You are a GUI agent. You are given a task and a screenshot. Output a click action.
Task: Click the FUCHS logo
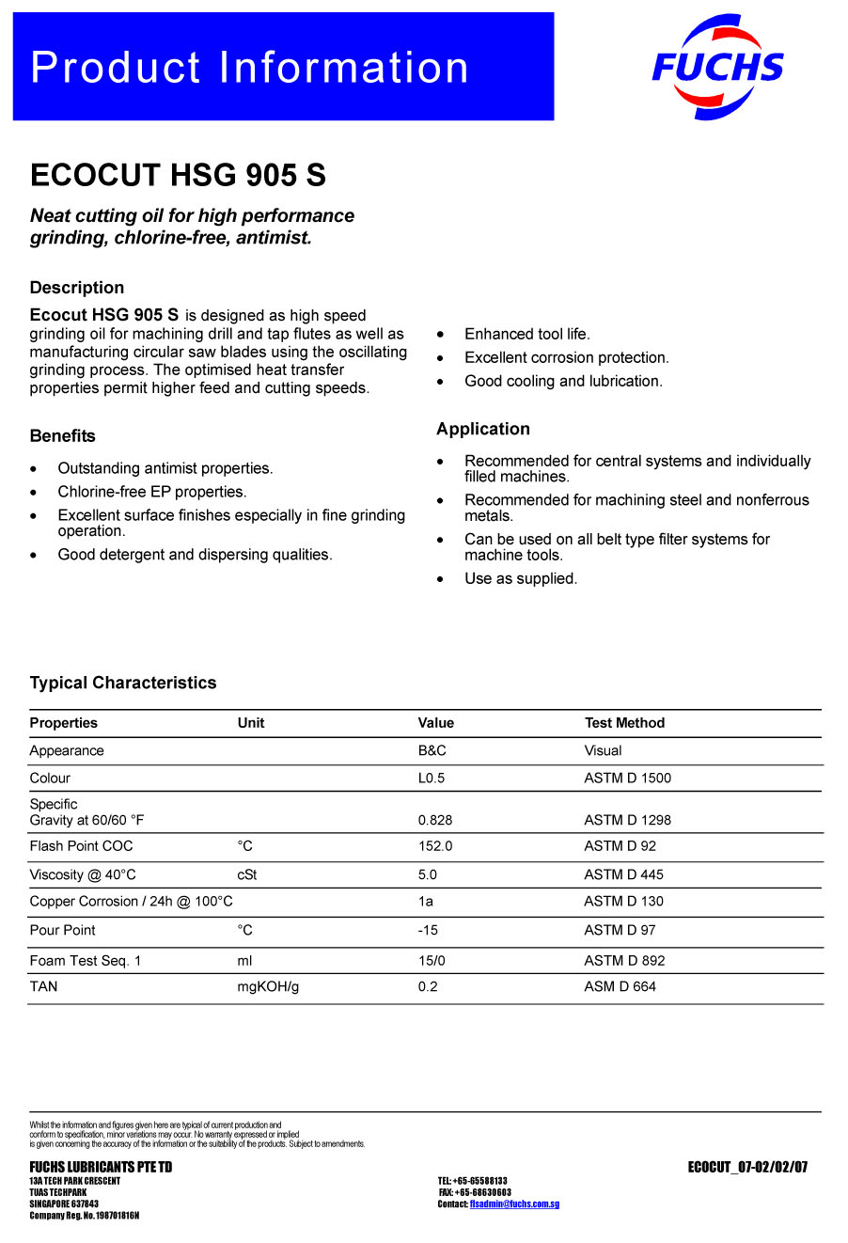click(x=717, y=67)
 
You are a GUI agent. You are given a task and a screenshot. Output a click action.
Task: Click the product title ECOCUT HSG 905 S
click(x=178, y=175)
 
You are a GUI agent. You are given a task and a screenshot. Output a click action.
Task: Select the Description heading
click(x=77, y=288)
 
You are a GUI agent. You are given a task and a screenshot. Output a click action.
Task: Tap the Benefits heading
click(x=62, y=435)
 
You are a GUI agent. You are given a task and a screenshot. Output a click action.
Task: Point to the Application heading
click(x=482, y=429)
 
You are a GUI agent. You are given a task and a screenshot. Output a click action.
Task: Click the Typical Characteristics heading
click(x=123, y=683)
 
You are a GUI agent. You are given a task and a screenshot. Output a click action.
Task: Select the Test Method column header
click(x=624, y=723)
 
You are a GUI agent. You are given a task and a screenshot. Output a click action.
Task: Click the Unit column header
click(x=250, y=723)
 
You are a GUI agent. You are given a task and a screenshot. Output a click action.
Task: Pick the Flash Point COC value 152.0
click(x=435, y=846)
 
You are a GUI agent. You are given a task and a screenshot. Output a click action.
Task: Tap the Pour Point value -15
click(x=428, y=930)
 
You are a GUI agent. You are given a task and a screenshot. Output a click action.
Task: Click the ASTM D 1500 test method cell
click(x=627, y=778)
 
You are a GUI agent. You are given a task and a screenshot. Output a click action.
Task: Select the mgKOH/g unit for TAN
click(x=268, y=986)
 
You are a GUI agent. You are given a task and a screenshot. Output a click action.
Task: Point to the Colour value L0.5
click(x=432, y=778)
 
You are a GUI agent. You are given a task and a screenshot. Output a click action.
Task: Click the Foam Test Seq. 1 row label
click(x=85, y=960)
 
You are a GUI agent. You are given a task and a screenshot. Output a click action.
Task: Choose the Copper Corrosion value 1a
click(x=426, y=901)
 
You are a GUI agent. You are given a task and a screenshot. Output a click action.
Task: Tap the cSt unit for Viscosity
click(x=247, y=874)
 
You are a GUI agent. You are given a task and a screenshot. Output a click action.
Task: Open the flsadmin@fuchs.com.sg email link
click(x=514, y=1204)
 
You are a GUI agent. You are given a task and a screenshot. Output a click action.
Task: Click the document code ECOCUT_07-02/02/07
click(x=747, y=1168)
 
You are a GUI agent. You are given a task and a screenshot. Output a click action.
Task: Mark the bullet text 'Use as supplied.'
click(x=521, y=578)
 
